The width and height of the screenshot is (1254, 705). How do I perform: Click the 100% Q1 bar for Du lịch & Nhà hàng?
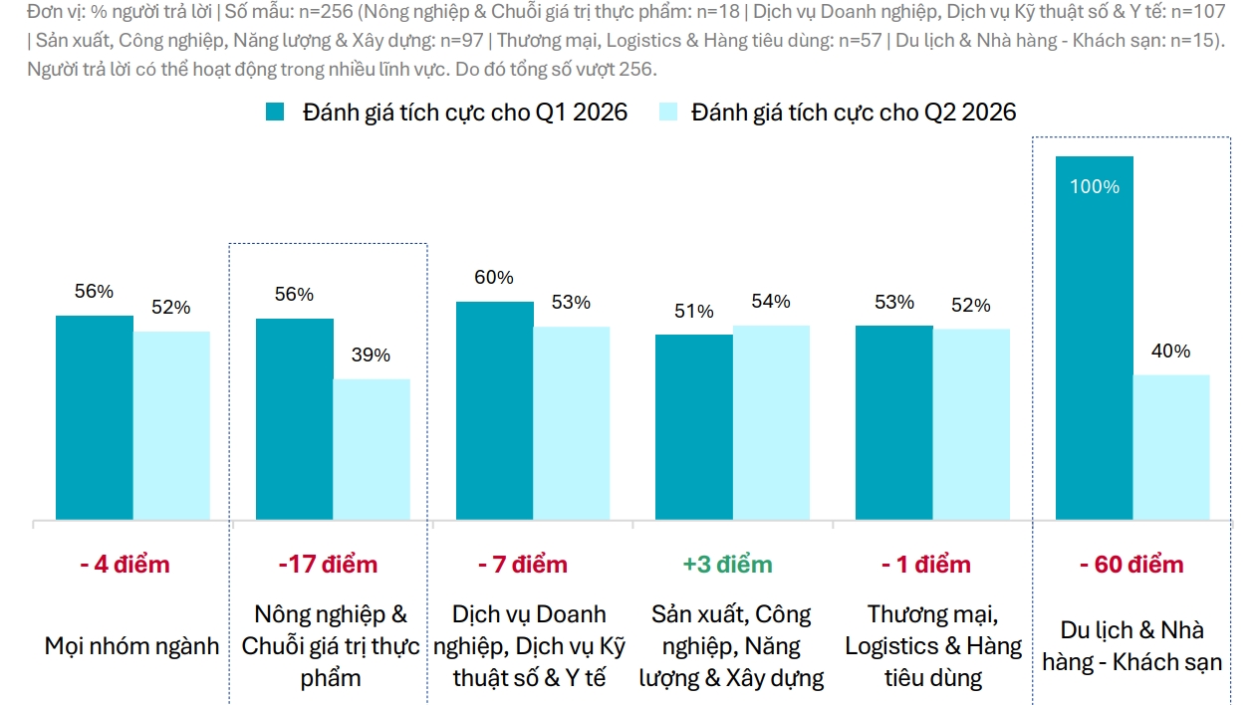tap(1094, 339)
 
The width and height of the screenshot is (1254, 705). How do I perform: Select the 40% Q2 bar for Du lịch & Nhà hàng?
tap(1171, 447)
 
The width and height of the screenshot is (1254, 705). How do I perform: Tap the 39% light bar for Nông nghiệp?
tap(371, 449)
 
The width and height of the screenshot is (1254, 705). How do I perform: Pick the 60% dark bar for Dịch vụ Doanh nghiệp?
tap(494, 410)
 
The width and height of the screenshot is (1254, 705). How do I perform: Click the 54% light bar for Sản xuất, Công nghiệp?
tap(771, 422)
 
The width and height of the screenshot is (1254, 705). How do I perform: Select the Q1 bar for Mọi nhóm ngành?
tap(94, 417)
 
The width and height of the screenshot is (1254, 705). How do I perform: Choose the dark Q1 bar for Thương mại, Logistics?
tap(893, 422)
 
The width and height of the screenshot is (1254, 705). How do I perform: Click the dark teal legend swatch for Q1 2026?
tap(276, 112)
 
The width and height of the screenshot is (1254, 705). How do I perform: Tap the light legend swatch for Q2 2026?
tap(667, 112)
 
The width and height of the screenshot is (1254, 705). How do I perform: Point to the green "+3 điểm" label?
tap(727, 565)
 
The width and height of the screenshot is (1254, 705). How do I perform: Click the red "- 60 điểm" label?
tap(1131, 565)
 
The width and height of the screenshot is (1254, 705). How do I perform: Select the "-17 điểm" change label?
tap(328, 565)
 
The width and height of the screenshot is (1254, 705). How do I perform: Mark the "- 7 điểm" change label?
tap(523, 565)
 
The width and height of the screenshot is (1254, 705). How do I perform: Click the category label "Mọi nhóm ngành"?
tap(131, 646)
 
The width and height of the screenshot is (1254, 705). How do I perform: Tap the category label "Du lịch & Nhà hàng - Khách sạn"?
tap(1131, 645)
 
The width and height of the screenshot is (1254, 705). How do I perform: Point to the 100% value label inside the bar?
tap(1095, 187)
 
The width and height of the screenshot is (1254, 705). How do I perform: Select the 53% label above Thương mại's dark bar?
tap(893, 303)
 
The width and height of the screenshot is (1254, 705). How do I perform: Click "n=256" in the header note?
tap(326, 13)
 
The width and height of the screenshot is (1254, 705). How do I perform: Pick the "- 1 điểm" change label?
tap(925, 565)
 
